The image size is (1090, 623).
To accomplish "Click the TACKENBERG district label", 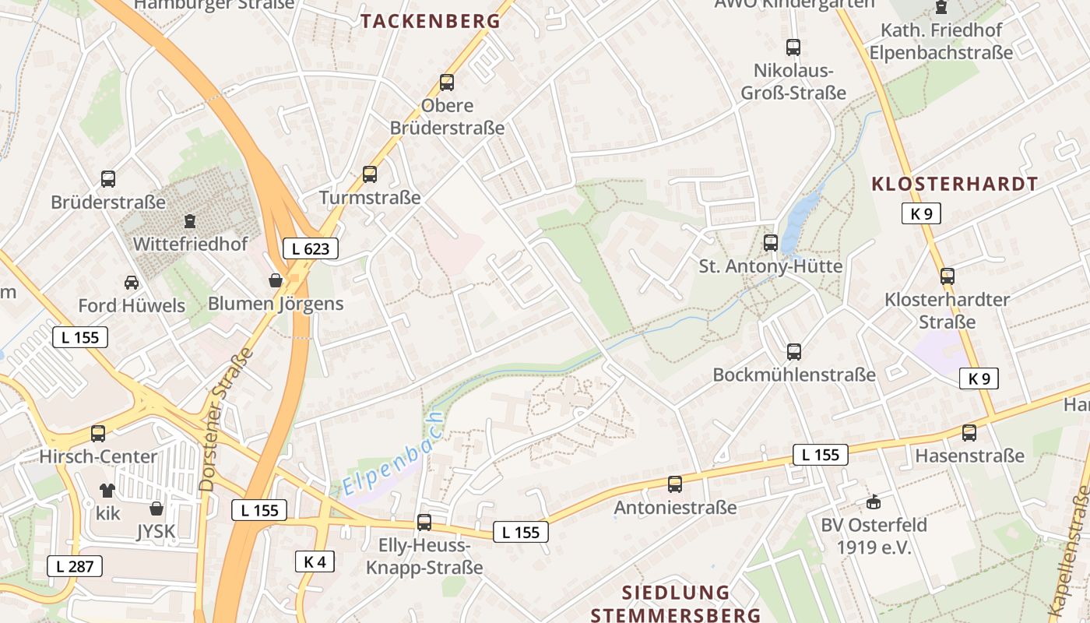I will pyautogui.click(x=431, y=21).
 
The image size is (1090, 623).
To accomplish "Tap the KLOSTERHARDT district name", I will pyautogui.click(x=955, y=184).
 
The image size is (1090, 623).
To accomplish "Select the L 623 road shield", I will pyautogui.click(x=311, y=248).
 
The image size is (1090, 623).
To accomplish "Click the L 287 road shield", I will pyautogui.click(x=75, y=566).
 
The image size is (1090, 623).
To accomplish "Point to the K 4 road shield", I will pyautogui.click(x=315, y=561).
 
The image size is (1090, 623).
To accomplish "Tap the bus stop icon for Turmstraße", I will pyautogui.click(x=370, y=174).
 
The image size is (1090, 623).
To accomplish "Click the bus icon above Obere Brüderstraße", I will pyautogui.click(x=447, y=82).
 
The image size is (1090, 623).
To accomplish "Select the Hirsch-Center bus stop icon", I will pyautogui.click(x=98, y=433).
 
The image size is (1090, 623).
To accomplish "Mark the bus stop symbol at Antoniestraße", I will pyautogui.click(x=675, y=484).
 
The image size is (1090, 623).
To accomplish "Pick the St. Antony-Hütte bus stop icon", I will pyautogui.click(x=771, y=242).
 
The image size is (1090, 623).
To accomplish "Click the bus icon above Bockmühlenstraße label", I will pyautogui.click(x=794, y=351).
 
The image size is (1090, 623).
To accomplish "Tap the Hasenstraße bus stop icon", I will pyautogui.click(x=969, y=432).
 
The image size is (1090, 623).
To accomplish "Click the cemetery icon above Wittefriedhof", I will pyautogui.click(x=190, y=221).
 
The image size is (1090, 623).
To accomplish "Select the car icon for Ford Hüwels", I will pyautogui.click(x=132, y=282).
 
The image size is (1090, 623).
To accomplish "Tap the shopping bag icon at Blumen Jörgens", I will pyautogui.click(x=276, y=280).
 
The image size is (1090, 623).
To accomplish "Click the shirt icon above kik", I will pyautogui.click(x=107, y=490).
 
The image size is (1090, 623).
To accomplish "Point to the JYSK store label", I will pyautogui.click(x=156, y=531).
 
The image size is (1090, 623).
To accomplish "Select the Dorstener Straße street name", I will pyautogui.click(x=227, y=419).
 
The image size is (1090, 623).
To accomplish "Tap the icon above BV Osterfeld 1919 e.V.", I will pyautogui.click(x=874, y=502).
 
